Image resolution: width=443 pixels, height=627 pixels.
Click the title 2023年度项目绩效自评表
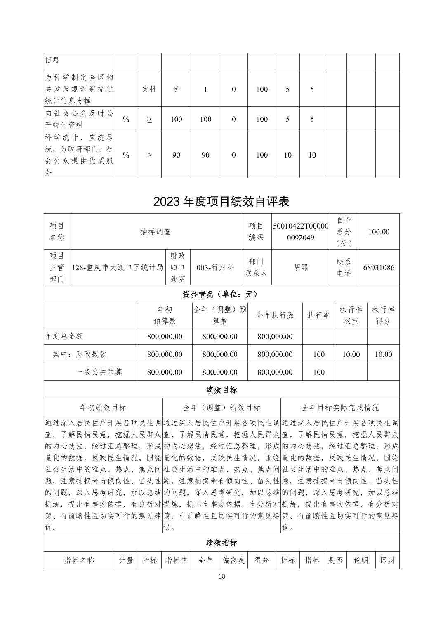click(221, 201)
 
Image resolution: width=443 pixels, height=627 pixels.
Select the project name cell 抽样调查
click(156, 232)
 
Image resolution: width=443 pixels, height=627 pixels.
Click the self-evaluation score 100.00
click(379, 232)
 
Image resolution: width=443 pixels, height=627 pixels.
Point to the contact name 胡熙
click(301, 267)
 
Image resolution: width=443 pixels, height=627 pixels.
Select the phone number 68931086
click(379, 267)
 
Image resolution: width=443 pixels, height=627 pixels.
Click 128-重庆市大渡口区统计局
click(118, 267)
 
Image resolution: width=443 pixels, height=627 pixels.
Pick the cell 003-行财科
click(215, 267)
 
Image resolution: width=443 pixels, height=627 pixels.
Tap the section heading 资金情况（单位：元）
click(221, 294)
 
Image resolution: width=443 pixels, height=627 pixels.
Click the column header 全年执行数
click(275, 315)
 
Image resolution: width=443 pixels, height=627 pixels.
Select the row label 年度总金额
click(64, 336)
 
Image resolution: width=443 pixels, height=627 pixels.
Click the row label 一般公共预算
click(99, 372)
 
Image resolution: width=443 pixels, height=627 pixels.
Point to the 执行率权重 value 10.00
click(351, 354)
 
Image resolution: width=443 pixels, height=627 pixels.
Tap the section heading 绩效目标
click(221, 389)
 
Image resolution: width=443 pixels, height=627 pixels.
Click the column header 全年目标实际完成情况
click(340, 408)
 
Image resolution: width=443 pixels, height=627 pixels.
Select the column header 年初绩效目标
click(103, 408)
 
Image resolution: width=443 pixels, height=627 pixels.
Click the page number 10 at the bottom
click(221, 576)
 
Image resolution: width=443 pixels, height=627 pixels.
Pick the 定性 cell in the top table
click(149, 89)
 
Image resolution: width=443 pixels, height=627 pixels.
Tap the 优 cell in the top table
click(176, 89)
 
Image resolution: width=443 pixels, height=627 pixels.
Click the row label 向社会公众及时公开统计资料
click(79, 119)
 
